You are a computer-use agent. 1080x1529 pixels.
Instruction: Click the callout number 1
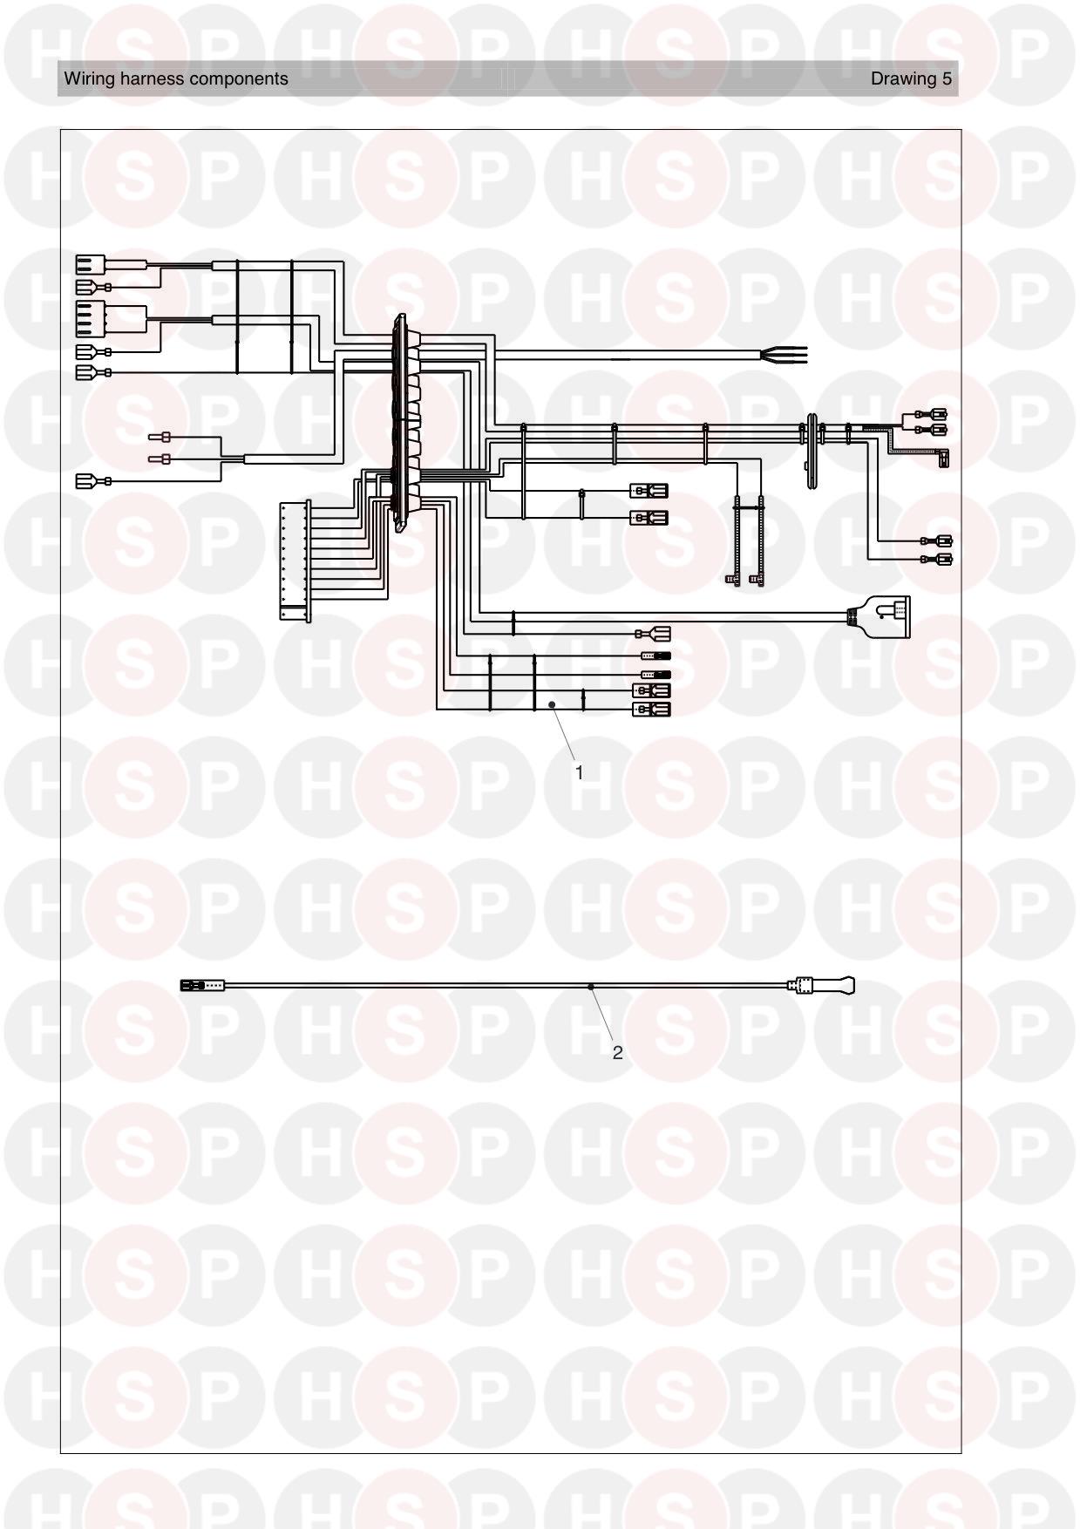(x=579, y=772)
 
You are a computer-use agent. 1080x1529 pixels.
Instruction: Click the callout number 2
(x=618, y=1053)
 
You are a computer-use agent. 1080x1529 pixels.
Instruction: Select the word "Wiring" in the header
(x=86, y=79)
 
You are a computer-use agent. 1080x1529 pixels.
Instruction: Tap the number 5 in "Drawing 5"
(x=947, y=78)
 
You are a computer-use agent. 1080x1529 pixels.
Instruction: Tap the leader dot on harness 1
(x=552, y=703)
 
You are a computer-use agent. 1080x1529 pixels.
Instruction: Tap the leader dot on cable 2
(x=591, y=987)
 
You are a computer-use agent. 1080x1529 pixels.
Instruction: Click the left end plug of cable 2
(x=202, y=986)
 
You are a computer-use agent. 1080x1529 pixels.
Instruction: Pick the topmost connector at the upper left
(x=91, y=263)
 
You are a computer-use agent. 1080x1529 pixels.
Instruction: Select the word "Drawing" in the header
(x=903, y=79)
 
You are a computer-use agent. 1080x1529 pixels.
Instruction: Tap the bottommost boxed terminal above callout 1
(x=651, y=710)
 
